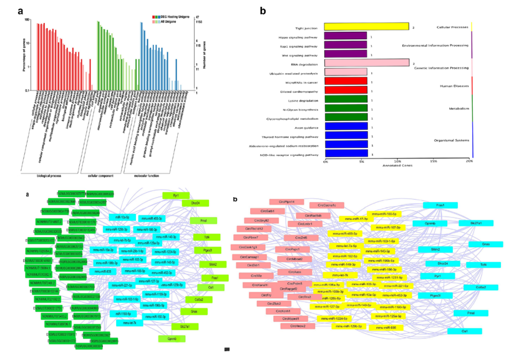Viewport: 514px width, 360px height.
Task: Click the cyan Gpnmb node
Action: click(430, 223)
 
